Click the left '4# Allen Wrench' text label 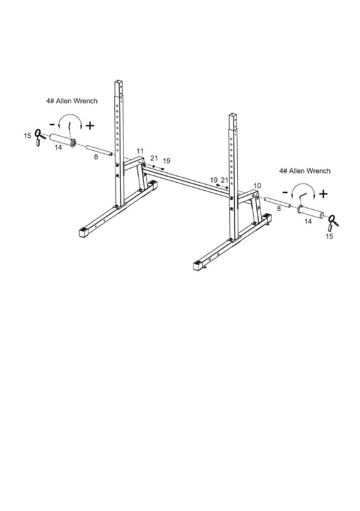(x=72, y=101)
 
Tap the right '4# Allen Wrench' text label (x=305, y=170)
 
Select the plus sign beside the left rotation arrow (x=90, y=125)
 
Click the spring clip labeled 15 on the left (x=39, y=137)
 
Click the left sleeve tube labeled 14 (x=63, y=141)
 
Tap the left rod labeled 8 (x=99, y=151)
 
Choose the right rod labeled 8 (x=277, y=202)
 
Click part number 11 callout (x=140, y=151)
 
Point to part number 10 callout (x=257, y=186)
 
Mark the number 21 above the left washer (x=154, y=158)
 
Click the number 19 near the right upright (x=214, y=180)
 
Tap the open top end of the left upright (x=119, y=82)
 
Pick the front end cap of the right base (x=198, y=266)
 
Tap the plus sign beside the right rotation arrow (x=323, y=194)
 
